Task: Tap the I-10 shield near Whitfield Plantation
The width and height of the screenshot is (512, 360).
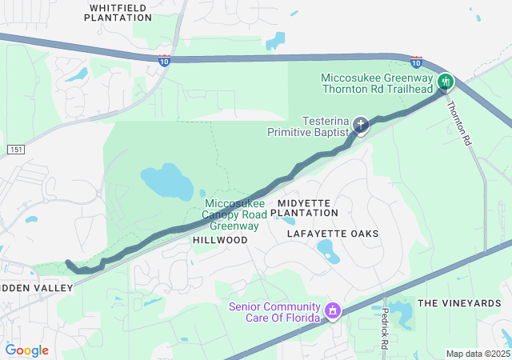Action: point(163,61)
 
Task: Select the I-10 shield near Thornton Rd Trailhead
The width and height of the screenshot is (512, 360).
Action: point(416,61)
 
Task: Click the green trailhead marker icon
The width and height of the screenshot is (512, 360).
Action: point(446,82)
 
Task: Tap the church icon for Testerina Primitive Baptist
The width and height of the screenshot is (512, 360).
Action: point(361,124)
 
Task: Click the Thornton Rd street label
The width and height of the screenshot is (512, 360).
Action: point(458,121)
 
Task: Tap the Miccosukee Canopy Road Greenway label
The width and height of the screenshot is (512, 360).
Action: point(233,214)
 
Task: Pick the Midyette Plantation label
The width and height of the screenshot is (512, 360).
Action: point(304,208)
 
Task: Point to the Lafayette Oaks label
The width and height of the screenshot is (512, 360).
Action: point(333,233)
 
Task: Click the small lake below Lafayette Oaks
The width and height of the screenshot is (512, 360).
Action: point(328,251)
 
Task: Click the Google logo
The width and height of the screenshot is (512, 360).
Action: point(27,350)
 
